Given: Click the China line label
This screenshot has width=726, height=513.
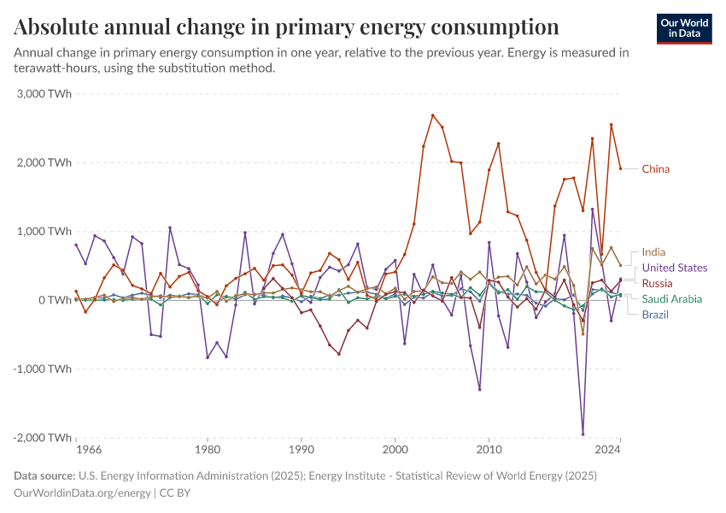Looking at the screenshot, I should [656, 168].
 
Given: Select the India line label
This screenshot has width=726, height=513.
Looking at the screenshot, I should [653, 252].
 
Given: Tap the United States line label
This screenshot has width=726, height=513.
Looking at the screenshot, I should [675, 268].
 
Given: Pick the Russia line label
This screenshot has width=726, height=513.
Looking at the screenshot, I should [658, 283].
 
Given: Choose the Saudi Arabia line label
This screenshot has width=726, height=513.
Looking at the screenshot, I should [672, 298].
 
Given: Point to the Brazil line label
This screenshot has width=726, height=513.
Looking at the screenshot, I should [656, 315].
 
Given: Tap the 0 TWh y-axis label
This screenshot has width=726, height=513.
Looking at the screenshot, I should [52, 300].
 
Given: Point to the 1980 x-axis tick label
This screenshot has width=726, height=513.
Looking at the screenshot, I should [207, 449].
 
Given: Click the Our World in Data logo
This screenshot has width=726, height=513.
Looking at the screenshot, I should [684, 28].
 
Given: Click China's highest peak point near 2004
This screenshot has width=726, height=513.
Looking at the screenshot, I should [433, 115].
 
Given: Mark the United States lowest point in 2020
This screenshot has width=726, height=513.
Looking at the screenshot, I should [583, 433].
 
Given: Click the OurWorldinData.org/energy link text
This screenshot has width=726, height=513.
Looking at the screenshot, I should [82, 492].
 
